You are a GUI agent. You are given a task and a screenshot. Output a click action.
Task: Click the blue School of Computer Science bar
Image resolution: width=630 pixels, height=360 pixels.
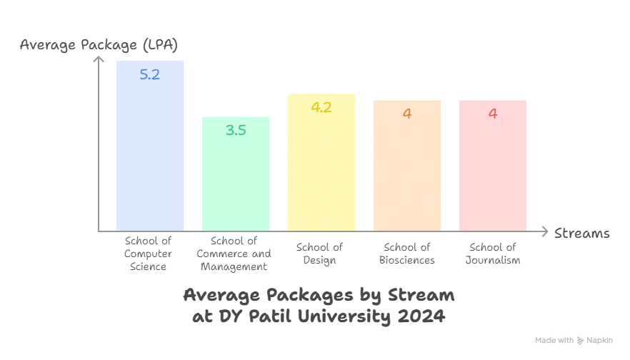pos(150,157)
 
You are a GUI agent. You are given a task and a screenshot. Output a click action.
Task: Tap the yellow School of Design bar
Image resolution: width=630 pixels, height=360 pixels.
pos(321,171)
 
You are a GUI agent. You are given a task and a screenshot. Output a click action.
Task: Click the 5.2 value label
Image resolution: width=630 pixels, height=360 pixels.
pos(150,74)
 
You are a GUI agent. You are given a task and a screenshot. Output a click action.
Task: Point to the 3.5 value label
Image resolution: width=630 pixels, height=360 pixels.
pos(236,130)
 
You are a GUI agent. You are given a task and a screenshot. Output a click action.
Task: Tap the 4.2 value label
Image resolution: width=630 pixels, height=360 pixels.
pos(321,108)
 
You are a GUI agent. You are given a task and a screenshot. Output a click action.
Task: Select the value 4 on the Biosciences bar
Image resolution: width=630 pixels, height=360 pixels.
pos(407,114)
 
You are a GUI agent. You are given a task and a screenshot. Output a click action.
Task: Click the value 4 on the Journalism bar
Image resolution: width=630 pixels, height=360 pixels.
pos(493,114)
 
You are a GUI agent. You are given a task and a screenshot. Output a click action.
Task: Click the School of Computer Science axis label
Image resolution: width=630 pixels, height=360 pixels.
pos(148,254)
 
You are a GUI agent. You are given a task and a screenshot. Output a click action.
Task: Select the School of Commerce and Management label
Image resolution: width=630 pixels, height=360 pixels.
pos(235,254)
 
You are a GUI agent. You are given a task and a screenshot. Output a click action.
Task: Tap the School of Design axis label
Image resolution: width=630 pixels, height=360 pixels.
pos(319,254)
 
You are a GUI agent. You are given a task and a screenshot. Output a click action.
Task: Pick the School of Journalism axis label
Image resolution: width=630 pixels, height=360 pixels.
pos(493,254)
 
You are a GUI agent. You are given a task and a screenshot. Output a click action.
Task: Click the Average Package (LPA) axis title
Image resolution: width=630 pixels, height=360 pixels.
pos(99,45)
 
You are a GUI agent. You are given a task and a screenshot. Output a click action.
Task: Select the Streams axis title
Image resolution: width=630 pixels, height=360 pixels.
pos(582,234)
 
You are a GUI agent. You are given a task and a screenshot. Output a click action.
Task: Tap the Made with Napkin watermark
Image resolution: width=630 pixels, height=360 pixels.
pos(574,341)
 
